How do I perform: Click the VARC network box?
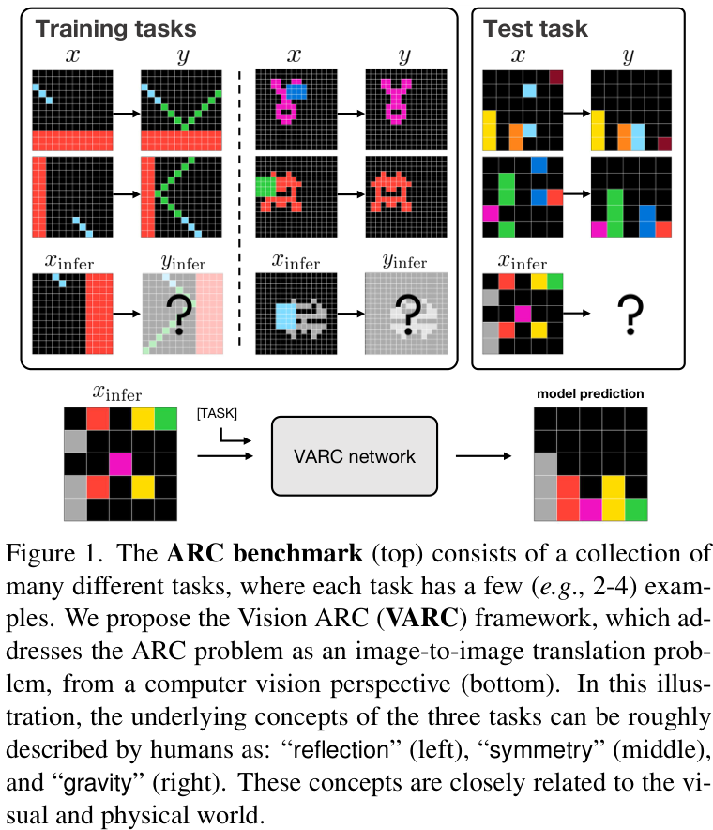(x=355, y=457)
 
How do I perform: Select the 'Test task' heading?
(x=535, y=28)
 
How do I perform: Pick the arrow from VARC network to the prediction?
(x=485, y=457)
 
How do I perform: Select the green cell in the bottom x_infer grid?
(x=166, y=415)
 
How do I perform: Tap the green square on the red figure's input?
(x=264, y=184)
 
